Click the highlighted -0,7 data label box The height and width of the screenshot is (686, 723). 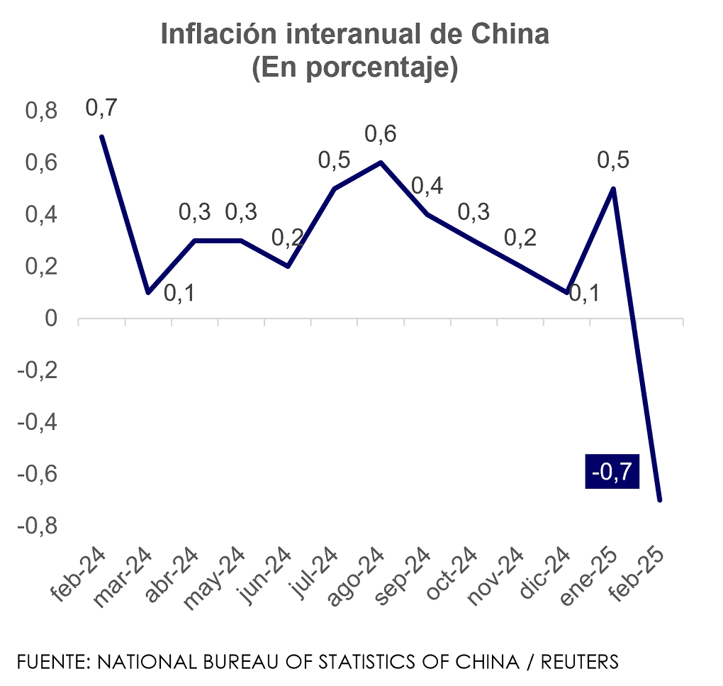click(x=612, y=471)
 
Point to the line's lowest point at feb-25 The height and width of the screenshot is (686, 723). click(x=660, y=500)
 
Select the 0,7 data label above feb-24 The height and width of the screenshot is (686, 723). click(x=101, y=109)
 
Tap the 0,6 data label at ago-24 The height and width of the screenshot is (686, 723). click(x=381, y=134)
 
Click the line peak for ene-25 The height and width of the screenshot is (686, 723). click(x=613, y=189)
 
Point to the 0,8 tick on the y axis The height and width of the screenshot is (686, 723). click(x=40, y=111)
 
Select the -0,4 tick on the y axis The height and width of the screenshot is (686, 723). click(x=37, y=422)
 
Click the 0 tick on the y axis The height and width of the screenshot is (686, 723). click(x=51, y=319)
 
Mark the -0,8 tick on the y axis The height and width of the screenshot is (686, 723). click(x=37, y=526)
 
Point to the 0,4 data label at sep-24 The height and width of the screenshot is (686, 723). click(x=427, y=187)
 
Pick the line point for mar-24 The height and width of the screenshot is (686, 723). click(x=148, y=292)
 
